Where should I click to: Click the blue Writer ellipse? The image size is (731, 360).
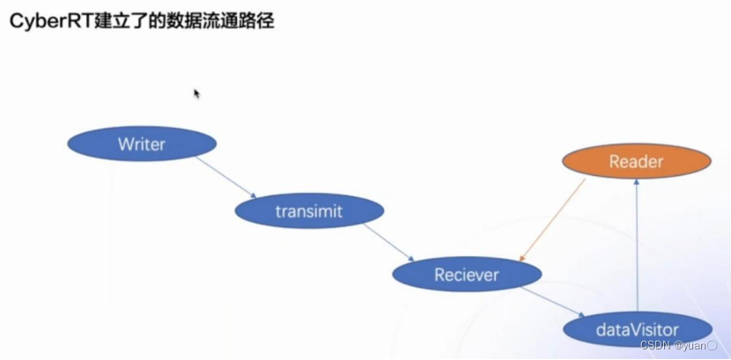pos(141,144)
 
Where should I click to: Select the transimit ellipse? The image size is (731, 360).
pos(308,211)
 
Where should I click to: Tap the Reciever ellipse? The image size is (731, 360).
pos(466,275)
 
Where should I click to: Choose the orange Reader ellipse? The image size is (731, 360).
pos(636,162)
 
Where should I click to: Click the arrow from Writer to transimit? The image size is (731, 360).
pos(225,177)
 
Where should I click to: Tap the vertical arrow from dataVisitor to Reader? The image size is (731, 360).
pos(636,246)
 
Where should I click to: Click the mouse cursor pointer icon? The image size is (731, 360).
pos(197,93)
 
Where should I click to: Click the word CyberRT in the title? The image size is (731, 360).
pos(44,21)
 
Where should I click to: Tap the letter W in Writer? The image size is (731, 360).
pos(124,144)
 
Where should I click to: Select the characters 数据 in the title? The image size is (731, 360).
pos(181,21)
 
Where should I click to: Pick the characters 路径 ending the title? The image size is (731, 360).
pos(256,21)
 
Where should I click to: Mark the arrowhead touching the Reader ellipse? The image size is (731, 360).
pos(636,183)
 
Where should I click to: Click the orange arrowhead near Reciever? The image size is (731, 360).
pos(522,258)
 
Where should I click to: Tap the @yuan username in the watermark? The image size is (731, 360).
pos(694,345)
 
